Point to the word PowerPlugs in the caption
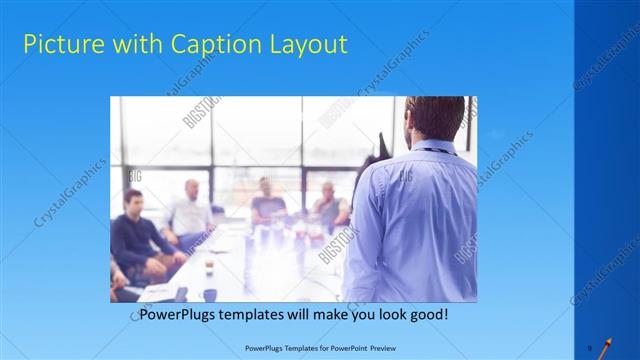click(179, 314)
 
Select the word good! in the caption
click(425, 314)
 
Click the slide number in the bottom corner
click(590, 340)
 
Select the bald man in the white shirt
click(190, 210)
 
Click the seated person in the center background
click(267, 200)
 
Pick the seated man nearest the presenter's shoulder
click(328, 205)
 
